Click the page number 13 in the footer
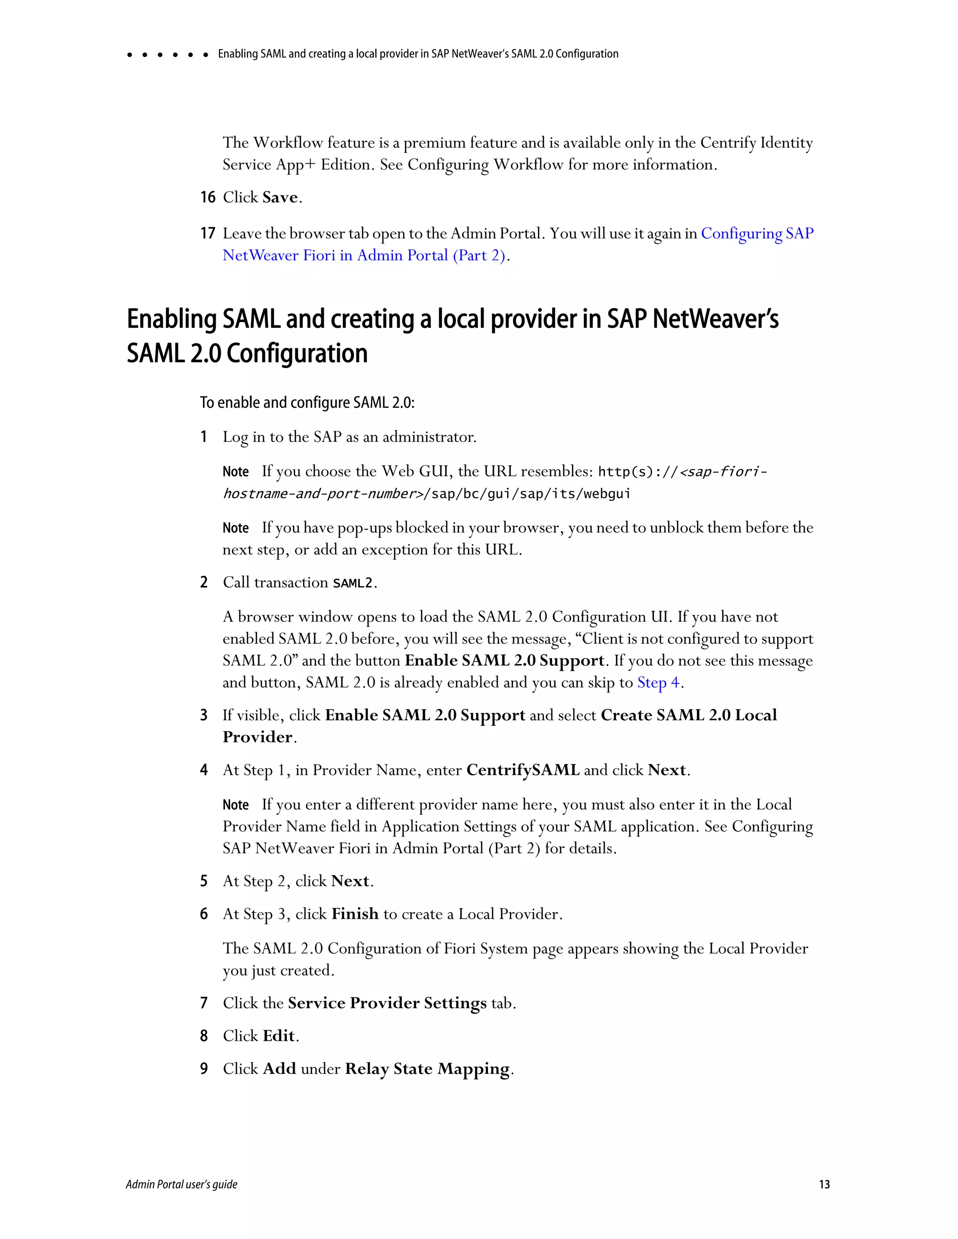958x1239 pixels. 824,1184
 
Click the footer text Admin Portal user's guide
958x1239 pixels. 181,1184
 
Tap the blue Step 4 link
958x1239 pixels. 658,683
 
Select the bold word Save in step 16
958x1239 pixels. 280,197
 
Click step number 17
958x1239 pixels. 208,233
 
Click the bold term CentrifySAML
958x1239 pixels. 523,771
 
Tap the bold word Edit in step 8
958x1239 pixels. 279,1036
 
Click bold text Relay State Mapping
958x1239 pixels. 428,1069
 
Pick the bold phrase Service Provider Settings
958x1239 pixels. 387,1003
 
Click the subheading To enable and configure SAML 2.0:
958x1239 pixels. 307,403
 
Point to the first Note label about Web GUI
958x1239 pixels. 236,472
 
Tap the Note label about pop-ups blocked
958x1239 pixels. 236,528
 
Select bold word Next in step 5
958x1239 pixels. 350,881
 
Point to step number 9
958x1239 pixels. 204,1069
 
